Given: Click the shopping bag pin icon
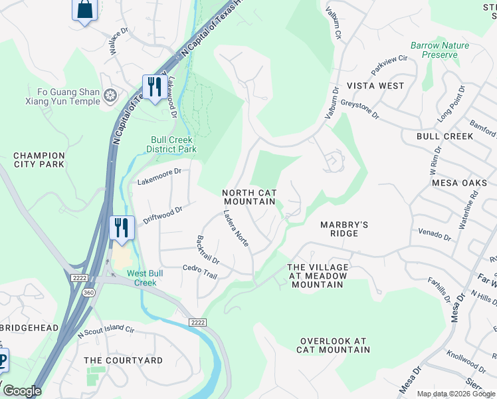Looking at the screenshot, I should tap(84, 9).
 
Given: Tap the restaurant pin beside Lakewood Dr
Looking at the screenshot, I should tap(154, 87).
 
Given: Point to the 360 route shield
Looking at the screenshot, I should tap(88, 293).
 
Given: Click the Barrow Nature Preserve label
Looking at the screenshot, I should tap(439, 50).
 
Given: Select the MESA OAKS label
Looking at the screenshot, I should tap(459, 182).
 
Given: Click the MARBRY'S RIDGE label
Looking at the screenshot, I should tap(344, 229).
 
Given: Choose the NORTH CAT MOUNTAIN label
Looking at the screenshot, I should tap(248, 197).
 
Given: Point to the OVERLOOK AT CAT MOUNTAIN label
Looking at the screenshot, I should tap(332, 345).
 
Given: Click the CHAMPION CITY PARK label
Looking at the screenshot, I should tap(40, 160).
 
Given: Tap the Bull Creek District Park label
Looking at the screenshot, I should tap(173, 144).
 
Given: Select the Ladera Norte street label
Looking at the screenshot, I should tap(235, 229).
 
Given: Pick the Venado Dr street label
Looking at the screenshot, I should tap(435, 234).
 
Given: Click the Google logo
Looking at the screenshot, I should tap(23, 391).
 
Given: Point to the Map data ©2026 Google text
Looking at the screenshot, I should tap(455, 394).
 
